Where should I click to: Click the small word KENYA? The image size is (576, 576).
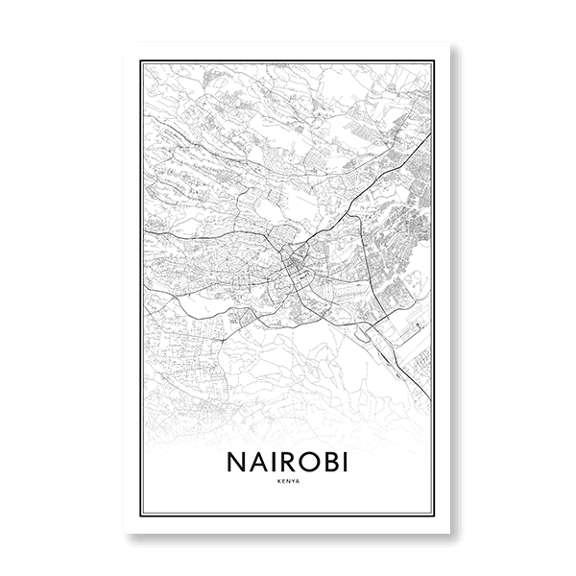pyautogui.click(x=289, y=481)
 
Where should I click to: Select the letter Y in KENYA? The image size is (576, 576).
pyautogui.click(x=294, y=481)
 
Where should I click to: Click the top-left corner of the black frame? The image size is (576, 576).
pyautogui.click(x=141, y=60)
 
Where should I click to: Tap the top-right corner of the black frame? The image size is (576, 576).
pyautogui.click(x=435, y=60)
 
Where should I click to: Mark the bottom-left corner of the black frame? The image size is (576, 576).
pyautogui.click(x=141, y=516)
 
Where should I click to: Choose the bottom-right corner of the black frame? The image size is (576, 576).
pyautogui.click(x=435, y=516)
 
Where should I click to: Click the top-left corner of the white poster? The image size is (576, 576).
pyautogui.click(x=126, y=42)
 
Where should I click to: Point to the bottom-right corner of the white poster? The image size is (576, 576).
pyautogui.click(x=450, y=534)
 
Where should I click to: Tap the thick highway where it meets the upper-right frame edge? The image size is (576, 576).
pyautogui.click(x=429, y=135)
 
